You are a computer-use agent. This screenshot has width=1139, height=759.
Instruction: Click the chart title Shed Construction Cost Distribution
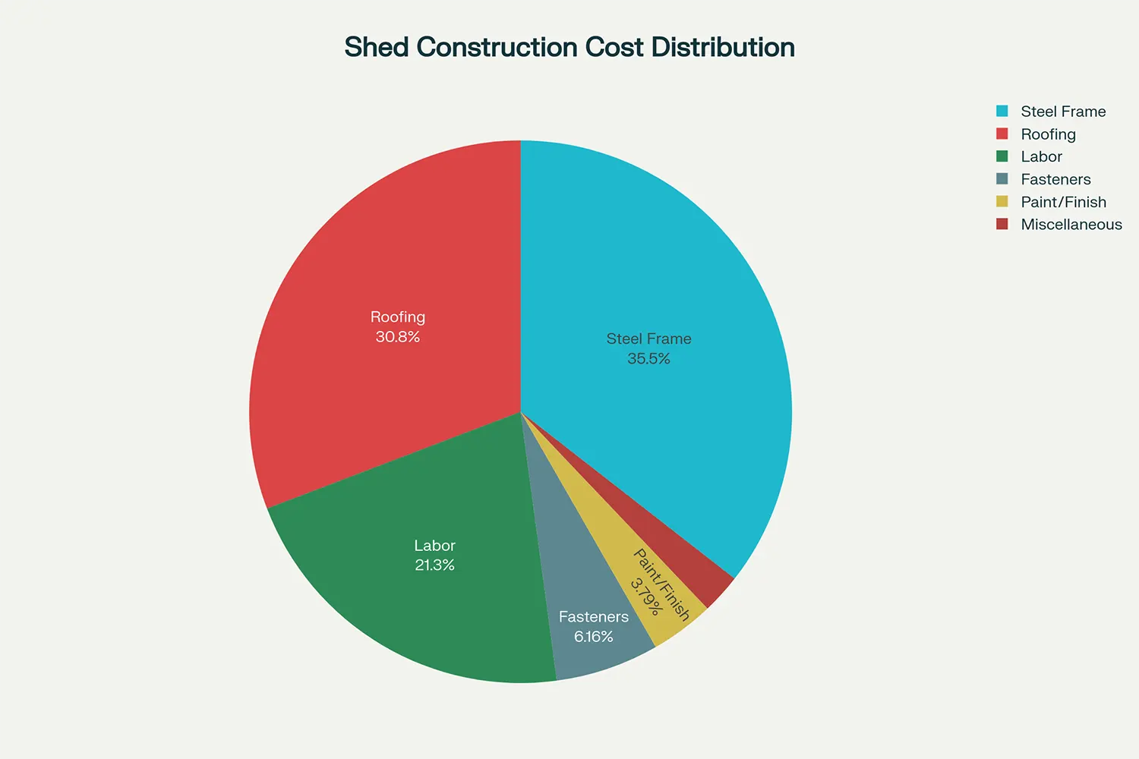point(569,47)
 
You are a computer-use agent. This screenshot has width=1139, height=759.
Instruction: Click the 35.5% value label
point(648,359)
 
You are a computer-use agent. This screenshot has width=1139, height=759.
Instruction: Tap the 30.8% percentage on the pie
point(398,337)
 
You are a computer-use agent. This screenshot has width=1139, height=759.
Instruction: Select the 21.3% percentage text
point(434,565)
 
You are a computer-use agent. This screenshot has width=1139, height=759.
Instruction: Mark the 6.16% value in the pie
point(593,637)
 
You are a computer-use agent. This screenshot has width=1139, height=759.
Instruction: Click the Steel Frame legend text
point(1063,112)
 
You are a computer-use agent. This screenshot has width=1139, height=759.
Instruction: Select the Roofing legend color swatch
point(1002,134)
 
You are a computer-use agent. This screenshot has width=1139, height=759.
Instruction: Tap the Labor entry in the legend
point(1041,157)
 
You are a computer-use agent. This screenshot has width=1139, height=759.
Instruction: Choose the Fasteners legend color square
point(1002,179)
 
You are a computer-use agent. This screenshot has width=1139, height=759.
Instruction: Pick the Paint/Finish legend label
point(1063,202)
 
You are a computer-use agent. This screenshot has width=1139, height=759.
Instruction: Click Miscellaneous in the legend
point(1071,225)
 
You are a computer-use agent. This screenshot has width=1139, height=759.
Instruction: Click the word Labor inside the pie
point(434,546)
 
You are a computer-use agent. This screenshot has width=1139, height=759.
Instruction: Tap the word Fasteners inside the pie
point(593,617)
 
